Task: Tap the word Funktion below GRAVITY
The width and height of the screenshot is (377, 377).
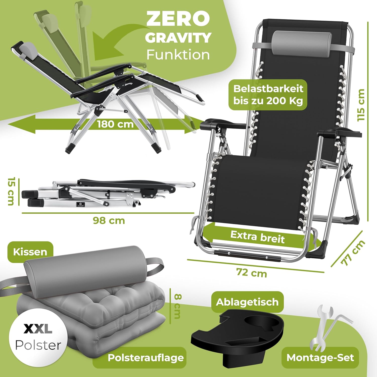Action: click(178, 55)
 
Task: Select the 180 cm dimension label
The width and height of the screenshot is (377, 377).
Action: click(115, 124)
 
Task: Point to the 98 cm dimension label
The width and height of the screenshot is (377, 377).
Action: click(109, 221)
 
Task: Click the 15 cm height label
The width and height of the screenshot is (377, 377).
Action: click(11, 191)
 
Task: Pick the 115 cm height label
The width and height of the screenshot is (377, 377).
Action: click(361, 105)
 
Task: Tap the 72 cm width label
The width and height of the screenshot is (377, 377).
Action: click(252, 273)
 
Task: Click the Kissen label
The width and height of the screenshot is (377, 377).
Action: click(30, 252)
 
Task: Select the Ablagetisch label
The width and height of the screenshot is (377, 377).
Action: click(247, 302)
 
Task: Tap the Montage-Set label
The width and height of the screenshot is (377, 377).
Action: click(320, 358)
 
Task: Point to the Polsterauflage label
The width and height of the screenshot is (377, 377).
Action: click(146, 358)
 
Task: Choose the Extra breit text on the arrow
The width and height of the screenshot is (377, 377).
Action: click(257, 237)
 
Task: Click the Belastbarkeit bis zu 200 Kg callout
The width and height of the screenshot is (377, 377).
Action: click(268, 95)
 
